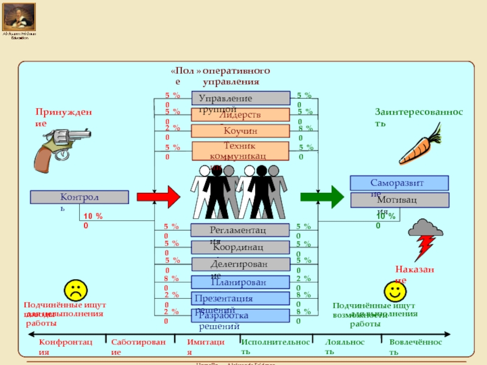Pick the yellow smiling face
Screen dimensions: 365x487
pos(394,291)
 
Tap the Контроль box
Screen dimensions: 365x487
pos(79,197)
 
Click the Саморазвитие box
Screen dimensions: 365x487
pos(399,183)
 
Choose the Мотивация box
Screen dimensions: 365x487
pos(399,200)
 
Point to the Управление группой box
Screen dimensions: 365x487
pos(241,98)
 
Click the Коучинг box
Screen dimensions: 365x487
pos(240,131)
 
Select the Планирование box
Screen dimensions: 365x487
pos(240,282)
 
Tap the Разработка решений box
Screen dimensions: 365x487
pos(240,316)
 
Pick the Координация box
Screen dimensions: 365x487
pos(240,247)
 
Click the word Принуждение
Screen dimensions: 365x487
pos(63,117)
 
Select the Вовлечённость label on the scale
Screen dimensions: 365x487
pos(416,347)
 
